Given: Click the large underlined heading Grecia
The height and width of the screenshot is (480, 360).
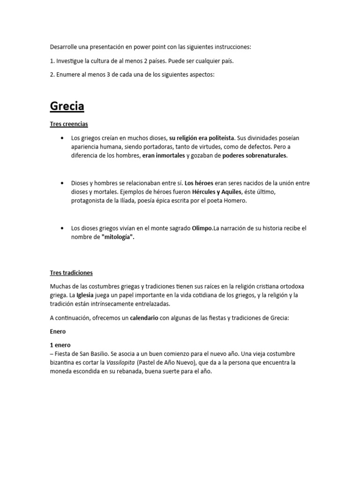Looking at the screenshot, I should coord(67,106).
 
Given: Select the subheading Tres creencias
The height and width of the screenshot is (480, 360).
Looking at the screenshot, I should coord(69,124).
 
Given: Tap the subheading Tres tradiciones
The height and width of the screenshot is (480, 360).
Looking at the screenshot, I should coord(71,272).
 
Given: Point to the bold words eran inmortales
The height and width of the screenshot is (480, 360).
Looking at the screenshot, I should coord(164,156).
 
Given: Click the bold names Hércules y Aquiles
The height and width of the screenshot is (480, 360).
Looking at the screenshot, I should coord(216,192).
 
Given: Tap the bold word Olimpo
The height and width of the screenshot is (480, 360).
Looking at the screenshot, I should coord(202,228).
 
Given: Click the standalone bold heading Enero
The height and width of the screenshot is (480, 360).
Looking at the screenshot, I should coord(58,331).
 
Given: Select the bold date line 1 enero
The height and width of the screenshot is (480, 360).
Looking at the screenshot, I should coord(60,345).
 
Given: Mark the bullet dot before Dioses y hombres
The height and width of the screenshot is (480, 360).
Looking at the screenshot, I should coord(62,183).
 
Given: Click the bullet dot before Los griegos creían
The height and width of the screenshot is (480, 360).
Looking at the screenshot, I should coord(62,138).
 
